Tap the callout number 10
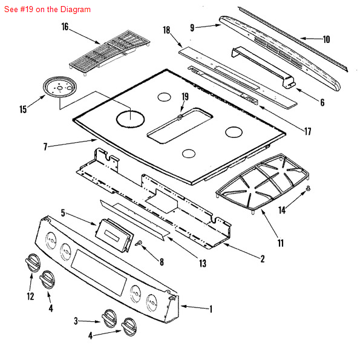click(x=326, y=39)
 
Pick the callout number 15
click(x=23, y=110)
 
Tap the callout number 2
click(x=263, y=259)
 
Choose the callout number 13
click(x=202, y=263)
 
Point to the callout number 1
click(x=211, y=309)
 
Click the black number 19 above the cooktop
click(x=185, y=96)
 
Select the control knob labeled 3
click(x=108, y=316)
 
